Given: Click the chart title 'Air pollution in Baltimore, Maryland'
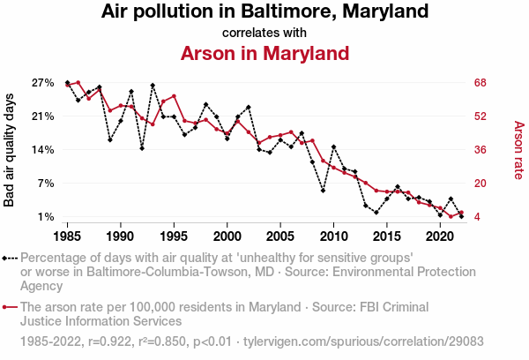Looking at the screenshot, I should tap(264, 12).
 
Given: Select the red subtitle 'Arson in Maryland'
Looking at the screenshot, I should tap(264, 53).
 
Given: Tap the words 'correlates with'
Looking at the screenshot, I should tap(264, 33).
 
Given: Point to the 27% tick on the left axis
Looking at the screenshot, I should tap(43, 83).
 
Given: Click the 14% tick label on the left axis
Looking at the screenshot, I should tap(43, 150).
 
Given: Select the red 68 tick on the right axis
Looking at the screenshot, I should tap(481, 83).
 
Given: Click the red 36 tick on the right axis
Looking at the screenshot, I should tap(481, 150).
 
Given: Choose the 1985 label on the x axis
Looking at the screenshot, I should tap(68, 236).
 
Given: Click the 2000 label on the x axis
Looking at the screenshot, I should tap(227, 236).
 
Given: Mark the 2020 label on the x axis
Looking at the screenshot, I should tap(440, 236).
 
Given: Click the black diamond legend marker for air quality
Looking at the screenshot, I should tap(5, 259).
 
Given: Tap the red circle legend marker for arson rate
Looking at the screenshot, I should tap(5, 308).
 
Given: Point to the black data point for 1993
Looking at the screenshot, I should tap(153, 86).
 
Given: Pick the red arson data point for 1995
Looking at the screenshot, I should tap(174, 96).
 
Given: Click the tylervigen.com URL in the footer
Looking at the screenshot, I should tap(363, 340).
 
